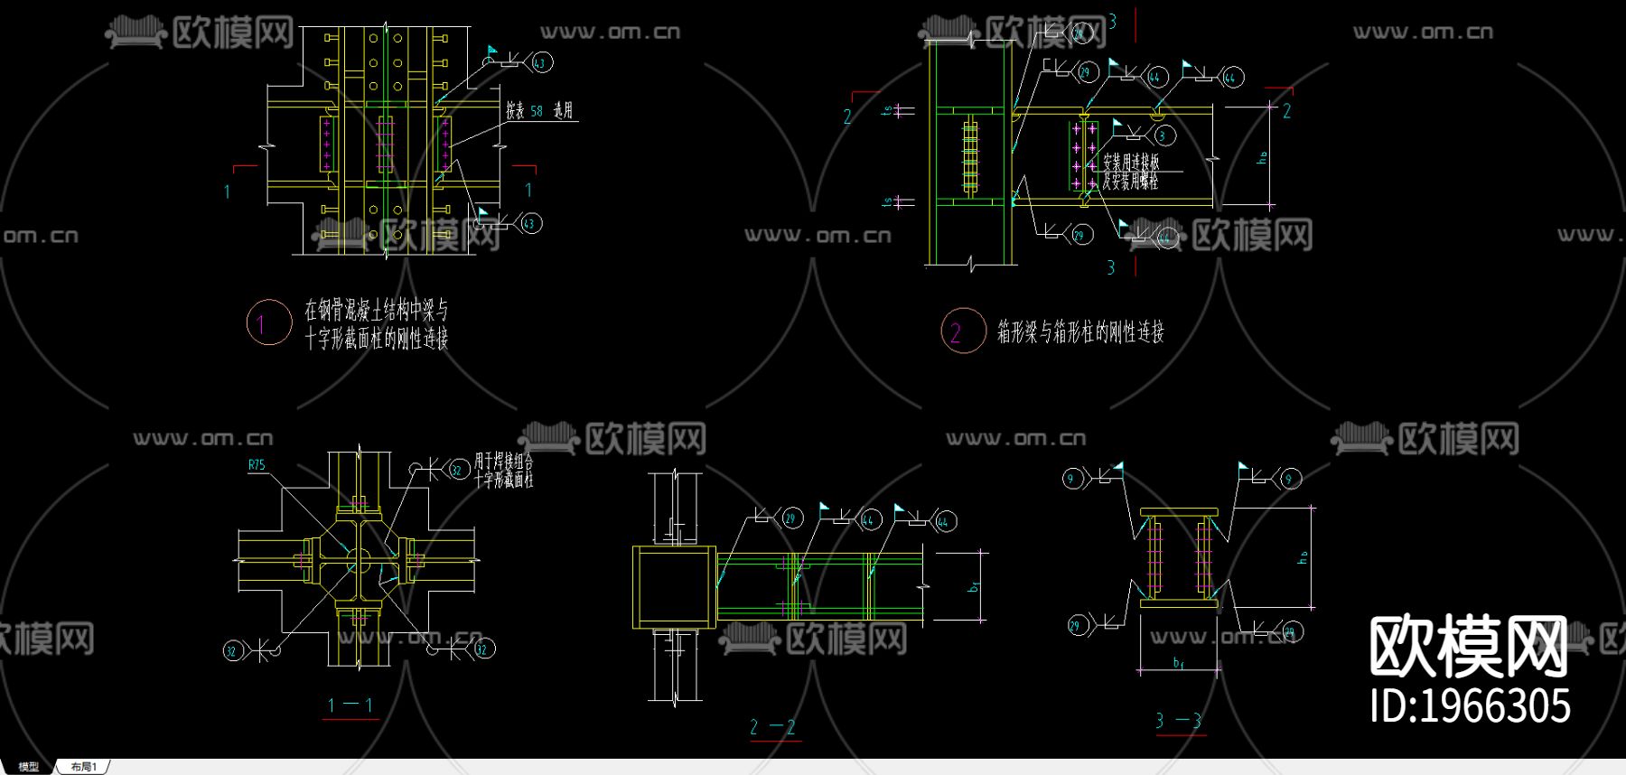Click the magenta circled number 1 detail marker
pos(268,322)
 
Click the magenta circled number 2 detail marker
pos(962,331)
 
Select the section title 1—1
pos(350,705)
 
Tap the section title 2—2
pos(773,727)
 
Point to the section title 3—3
pos(1179,721)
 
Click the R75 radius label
pos(257,465)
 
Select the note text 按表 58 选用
pos(538,111)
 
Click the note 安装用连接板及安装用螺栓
pos(1130,172)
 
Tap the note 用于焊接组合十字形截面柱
pos(504,471)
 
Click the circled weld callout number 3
pos(1164,136)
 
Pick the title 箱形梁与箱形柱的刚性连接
pos(1080,332)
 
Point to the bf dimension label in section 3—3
pos(1178,663)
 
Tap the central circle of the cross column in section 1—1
pos(358,560)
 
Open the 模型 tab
pos(29,767)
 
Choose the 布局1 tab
pos(83,767)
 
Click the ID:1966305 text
pos(1470,705)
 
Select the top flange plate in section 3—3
pos(1179,513)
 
